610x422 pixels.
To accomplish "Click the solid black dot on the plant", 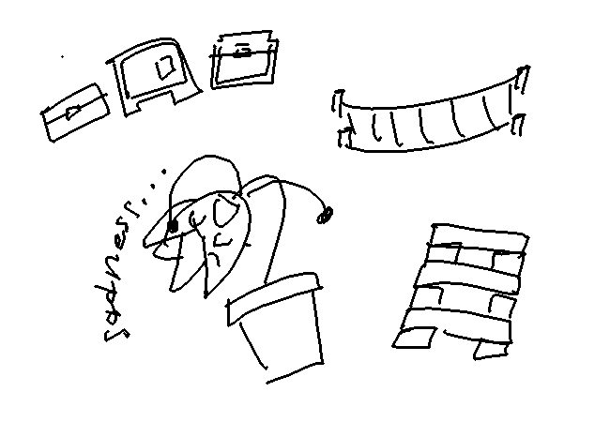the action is tap(173, 226).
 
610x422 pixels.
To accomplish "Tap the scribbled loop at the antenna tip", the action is tap(325, 215).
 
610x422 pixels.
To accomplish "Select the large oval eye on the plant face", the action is tap(224, 210).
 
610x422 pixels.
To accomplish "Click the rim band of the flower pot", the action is tap(274, 297).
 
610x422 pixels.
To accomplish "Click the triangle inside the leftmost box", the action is tap(73, 113).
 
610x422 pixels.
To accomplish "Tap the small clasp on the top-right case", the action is tap(243, 51).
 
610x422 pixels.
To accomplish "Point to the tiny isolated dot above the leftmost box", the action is tap(62, 56).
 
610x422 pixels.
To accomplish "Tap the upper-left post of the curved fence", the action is tap(339, 102).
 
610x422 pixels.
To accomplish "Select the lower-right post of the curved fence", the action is tap(517, 125).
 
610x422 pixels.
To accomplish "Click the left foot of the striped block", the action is tap(414, 338).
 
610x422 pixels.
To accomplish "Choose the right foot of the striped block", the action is tap(491, 350).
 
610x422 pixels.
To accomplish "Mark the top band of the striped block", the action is tap(480, 235).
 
